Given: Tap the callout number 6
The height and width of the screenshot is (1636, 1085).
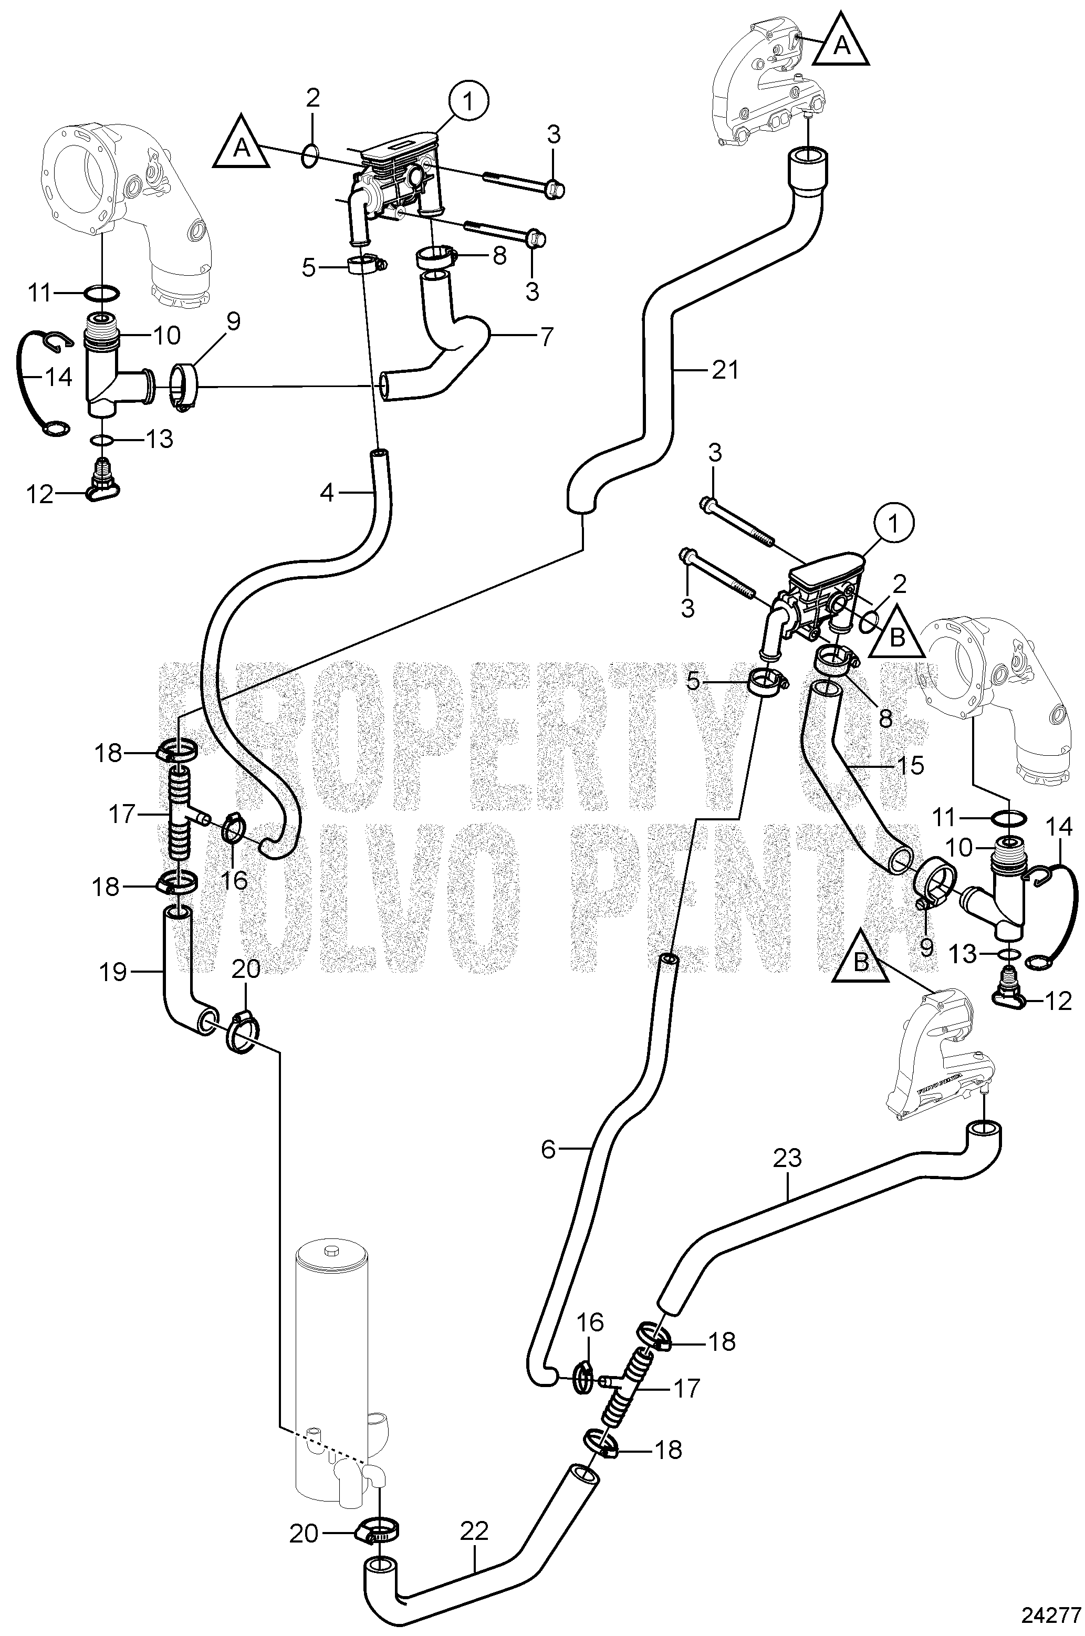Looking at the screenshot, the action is [x=548, y=1150].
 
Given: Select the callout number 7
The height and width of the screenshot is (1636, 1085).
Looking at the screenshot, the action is [x=547, y=337].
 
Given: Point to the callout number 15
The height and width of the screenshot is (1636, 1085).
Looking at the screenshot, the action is [x=910, y=765].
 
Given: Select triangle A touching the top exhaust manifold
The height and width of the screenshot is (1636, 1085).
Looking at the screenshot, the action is [x=841, y=43].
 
